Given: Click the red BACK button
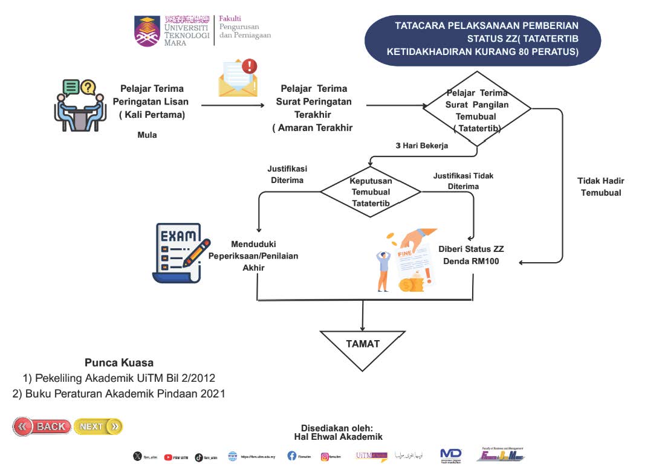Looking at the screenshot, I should click(x=42, y=427).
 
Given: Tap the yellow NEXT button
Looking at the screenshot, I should click(x=98, y=427).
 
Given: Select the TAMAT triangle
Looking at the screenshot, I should click(x=363, y=347).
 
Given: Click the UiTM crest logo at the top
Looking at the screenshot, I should click(x=148, y=32).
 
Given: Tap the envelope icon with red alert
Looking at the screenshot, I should click(x=238, y=78).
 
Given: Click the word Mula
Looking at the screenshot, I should click(x=147, y=135).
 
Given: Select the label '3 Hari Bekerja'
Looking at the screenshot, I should click(x=421, y=146).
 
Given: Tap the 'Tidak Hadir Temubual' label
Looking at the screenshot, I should click(x=601, y=187).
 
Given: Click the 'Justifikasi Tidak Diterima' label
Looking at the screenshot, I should click(x=463, y=181).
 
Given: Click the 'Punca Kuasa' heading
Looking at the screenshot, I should click(x=119, y=363).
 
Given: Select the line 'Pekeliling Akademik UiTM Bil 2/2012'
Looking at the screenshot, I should click(x=119, y=378).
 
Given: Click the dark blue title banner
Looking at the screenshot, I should click(x=483, y=39).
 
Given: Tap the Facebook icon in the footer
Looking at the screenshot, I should click(x=292, y=456).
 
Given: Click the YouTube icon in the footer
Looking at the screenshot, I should click(x=168, y=457).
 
